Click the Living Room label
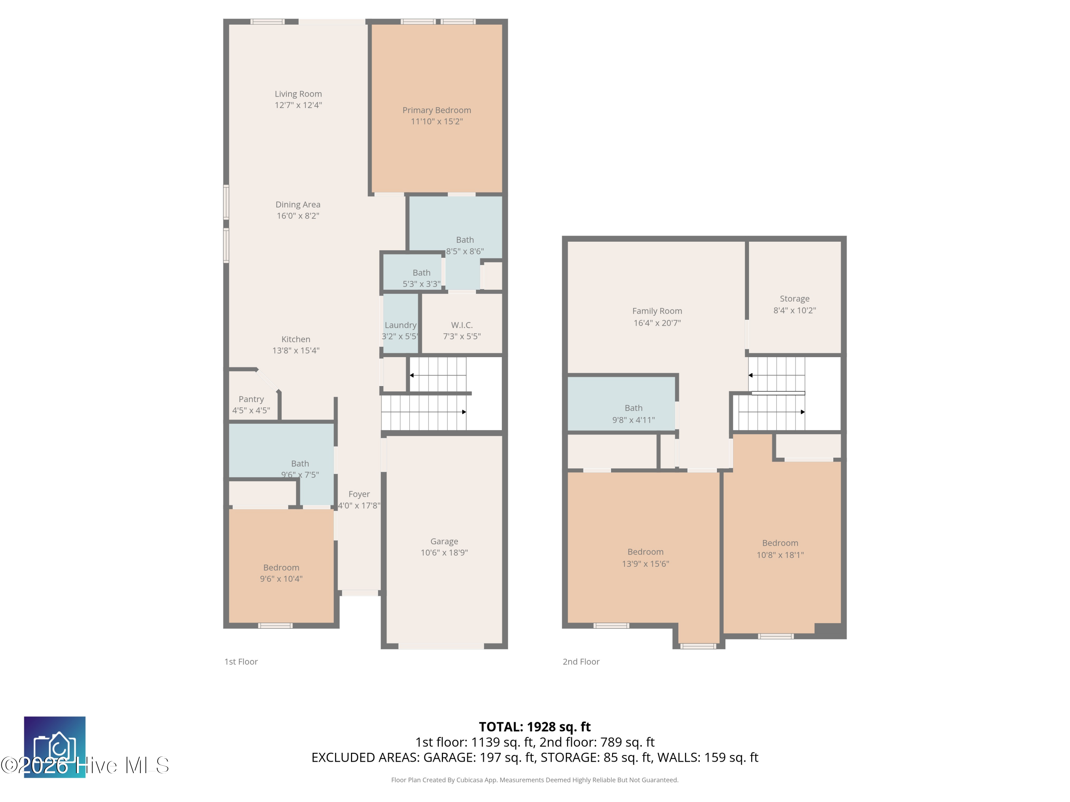pos(298,94)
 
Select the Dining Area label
pos(298,205)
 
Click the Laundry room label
pos(400,325)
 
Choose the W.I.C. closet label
pos(462,325)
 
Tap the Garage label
pos(444,541)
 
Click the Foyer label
pos(359,494)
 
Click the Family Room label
pos(657,311)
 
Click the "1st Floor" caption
pos(241,661)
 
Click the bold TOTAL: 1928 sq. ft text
pos(535,726)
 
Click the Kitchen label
pos(296,339)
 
